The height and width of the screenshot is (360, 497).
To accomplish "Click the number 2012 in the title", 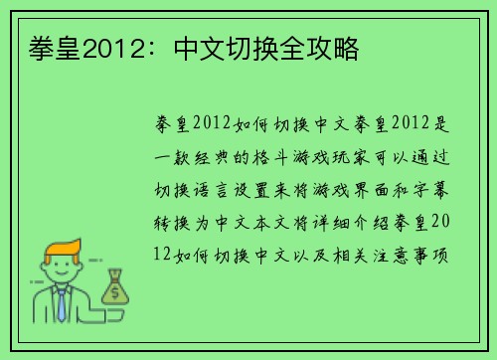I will (x=107, y=48).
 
